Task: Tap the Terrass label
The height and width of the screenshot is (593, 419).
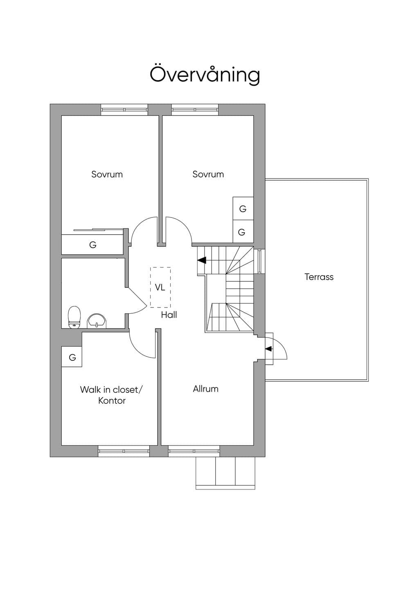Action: pyautogui.click(x=319, y=277)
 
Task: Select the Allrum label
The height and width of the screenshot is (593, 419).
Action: pyautogui.click(x=205, y=389)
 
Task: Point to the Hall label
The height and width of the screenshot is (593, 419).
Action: pyautogui.click(x=169, y=315)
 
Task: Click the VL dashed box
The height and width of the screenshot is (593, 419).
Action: pyautogui.click(x=160, y=287)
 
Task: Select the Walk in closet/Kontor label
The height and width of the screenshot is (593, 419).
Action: pyautogui.click(x=111, y=395)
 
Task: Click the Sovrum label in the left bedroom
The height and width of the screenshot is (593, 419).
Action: pyautogui.click(x=107, y=174)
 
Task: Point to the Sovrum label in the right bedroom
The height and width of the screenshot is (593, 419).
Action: pyautogui.click(x=208, y=174)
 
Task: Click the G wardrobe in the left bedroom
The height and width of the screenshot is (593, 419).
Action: pyautogui.click(x=92, y=244)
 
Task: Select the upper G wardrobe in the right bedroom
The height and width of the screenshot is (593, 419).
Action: pyautogui.click(x=243, y=208)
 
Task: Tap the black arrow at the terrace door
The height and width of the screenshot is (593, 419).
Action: pyautogui.click(x=268, y=349)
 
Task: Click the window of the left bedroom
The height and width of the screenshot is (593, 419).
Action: pyautogui.click(x=124, y=110)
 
